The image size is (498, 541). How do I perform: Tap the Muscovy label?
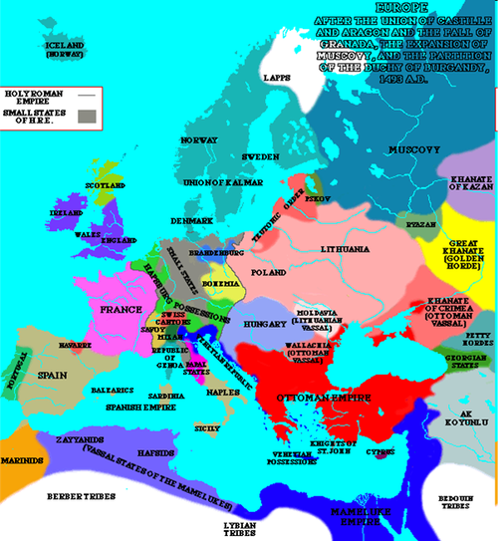[420, 149]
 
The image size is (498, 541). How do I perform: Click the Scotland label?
[103, 186]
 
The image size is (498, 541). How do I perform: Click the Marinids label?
[21, 461]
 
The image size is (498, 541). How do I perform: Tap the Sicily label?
[207, 427]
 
